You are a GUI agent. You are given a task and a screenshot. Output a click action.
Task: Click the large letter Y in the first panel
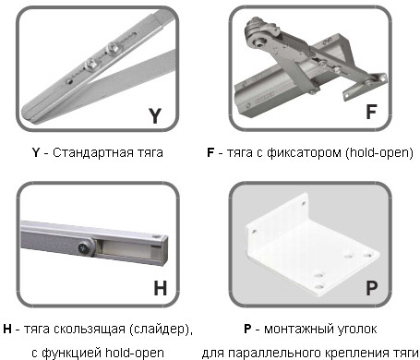[x=155, y=115]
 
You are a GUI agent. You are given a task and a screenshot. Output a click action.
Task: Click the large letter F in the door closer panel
[x=371, y=112]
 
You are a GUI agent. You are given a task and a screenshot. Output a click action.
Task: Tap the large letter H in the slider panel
[x=161, y=288]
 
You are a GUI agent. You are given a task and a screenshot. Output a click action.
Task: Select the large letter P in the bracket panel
[x=372, y=288]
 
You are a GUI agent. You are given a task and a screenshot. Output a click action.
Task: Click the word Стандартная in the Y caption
[x=93, y=152]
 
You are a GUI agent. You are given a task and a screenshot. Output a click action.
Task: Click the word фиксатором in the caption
[x=304, y=152]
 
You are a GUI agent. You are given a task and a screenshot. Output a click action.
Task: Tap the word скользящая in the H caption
[x=90, y=330]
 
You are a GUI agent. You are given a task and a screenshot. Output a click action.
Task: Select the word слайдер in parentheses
[x=158, y=330]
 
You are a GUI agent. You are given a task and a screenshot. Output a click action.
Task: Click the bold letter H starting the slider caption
[x=7, y=329]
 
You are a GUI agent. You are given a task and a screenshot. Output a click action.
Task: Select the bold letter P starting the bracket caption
[x=247, y=329]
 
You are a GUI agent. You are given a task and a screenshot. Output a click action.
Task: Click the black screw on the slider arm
[x=83, y=247]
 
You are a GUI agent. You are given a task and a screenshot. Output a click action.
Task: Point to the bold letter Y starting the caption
[x=36, y=152]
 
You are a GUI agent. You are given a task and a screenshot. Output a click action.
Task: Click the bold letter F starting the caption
[x=210, y=152]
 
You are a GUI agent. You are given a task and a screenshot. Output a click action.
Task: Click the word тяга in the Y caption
[x=150, y=153]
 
